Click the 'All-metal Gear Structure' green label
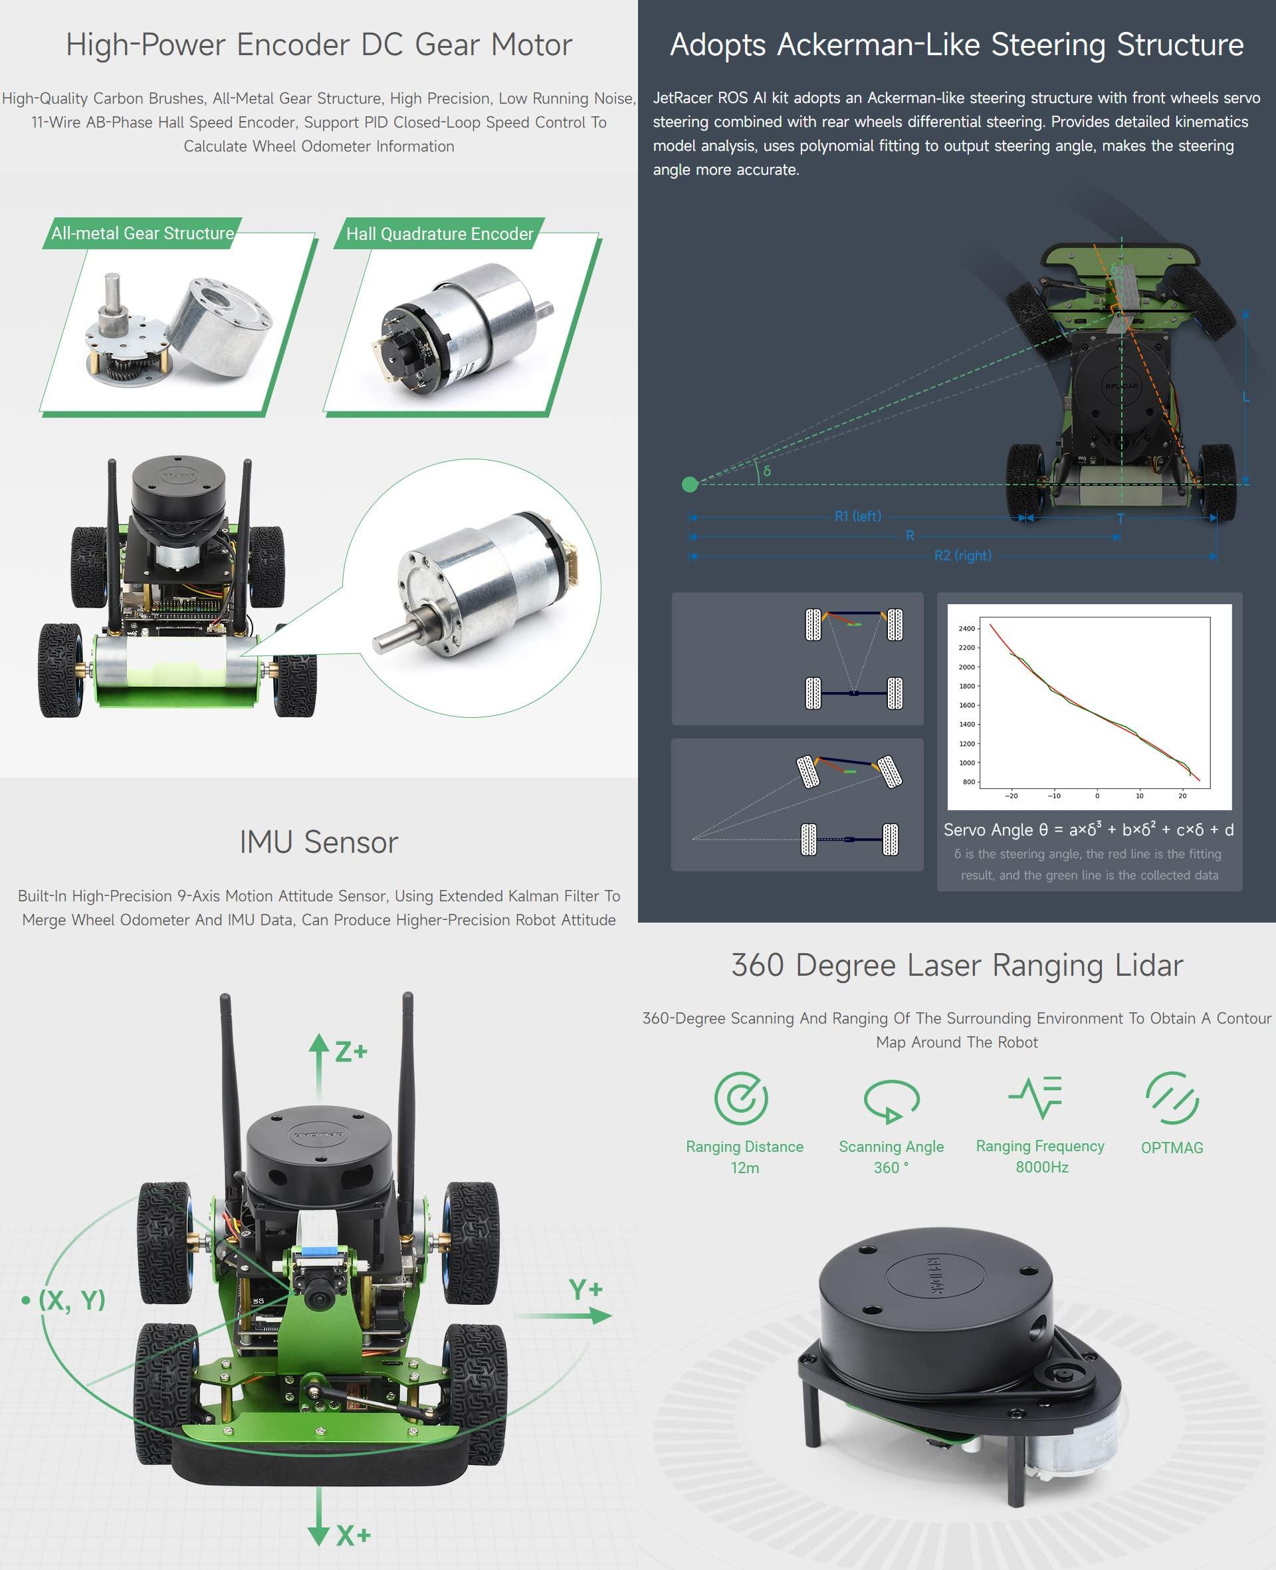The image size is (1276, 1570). (143, 233)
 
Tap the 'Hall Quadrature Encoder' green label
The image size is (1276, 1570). (439, 234)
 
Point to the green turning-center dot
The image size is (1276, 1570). (689, 484)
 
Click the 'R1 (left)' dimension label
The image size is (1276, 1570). (857, 516)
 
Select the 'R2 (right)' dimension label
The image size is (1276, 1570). (962, 556)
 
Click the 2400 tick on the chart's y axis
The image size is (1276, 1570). (966, 628)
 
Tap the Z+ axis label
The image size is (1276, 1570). (351, 1052)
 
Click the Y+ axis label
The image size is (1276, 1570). (585, 1288)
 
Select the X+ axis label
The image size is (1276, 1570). (353, 1535)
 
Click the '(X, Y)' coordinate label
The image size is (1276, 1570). (72, 1299)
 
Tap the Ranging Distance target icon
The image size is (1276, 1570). (741, 1098)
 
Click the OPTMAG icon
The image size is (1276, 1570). (1172, 1098)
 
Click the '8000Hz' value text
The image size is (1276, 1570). (1041, 1167)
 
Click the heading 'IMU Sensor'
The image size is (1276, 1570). (318, 842)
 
